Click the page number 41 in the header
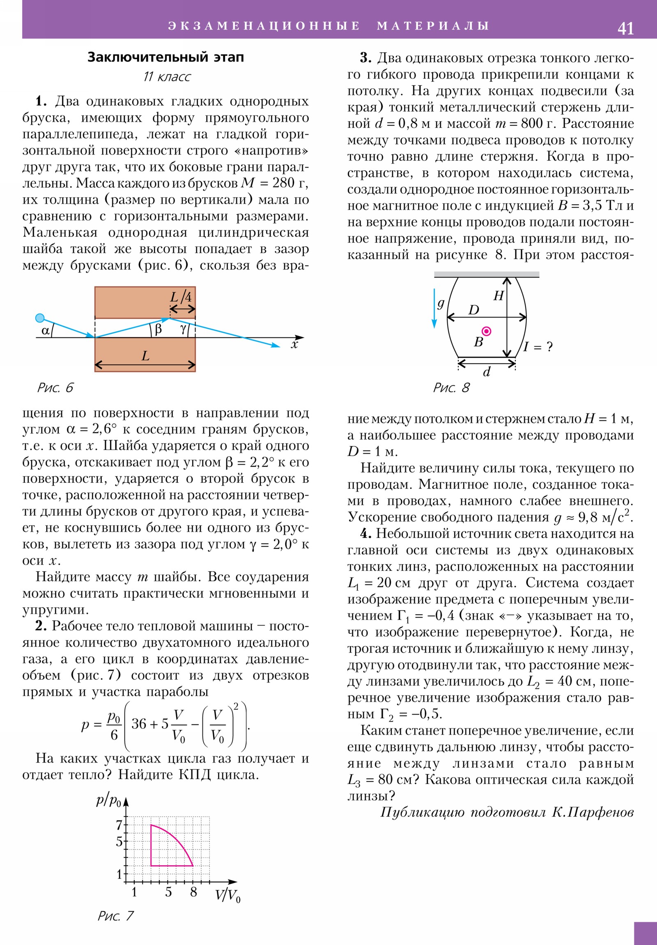tap(625, 28)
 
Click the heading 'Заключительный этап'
tap(165, 57)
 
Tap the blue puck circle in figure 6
tap(40, 318)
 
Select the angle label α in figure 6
tap(45, 330)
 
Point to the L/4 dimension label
tap(181, 297)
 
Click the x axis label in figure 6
tap(294, 345)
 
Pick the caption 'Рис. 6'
tap(55, 388)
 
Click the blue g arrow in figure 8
tap(434, 309)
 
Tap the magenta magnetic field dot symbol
tap(486, 331)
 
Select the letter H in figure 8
tap(498, 295)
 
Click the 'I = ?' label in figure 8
tap(538, 346)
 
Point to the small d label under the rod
tap(487, 372)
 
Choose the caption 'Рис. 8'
tap(451, 388)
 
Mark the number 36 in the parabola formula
tap(139, 724)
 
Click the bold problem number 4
tap(366, 534)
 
